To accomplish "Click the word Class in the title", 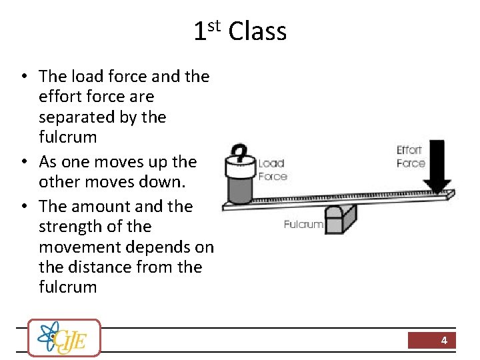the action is tap(257, 31).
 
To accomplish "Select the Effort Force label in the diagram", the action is tap(410, 157).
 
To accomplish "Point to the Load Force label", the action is tap(272, 170).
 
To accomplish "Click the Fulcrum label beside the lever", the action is tap(303, 225).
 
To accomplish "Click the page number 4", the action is tap(444, 341).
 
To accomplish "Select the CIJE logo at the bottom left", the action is tap(64, 338).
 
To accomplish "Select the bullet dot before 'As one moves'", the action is tap(23, 162).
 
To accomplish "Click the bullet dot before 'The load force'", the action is tap(23, 77).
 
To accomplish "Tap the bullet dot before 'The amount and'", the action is tap(23, 207).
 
